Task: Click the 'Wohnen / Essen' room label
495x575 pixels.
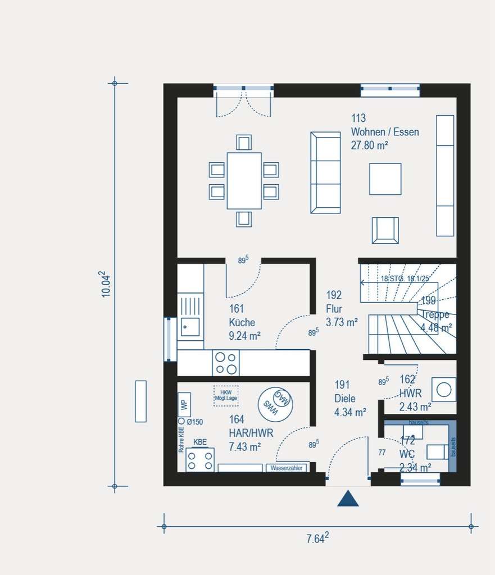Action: pos(385,132)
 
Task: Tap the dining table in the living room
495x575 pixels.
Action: pos(244,181)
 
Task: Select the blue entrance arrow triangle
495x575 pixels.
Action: pos(348,499)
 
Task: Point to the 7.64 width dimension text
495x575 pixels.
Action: pos(317,539)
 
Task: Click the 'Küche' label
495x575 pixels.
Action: pos(242,322)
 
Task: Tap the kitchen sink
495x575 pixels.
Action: pos(190,326)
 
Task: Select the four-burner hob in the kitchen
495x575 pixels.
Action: pos(226,363)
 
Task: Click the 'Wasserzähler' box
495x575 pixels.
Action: pos(287,468)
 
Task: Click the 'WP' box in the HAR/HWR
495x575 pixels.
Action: pos(184,404)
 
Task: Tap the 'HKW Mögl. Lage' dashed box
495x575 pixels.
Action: pos(226,395)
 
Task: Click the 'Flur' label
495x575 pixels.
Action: pos(334,309)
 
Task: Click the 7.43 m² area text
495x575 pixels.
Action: pos(244,447)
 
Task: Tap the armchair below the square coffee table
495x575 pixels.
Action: pos(385,230)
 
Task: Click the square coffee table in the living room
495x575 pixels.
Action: pos(385,179)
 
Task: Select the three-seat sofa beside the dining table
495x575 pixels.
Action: pos(325,173)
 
